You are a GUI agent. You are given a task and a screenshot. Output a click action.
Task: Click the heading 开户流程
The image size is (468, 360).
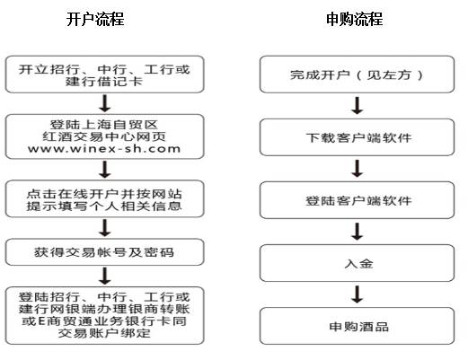(95, 20)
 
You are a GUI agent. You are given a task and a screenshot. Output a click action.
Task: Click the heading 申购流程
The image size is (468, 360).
(355, 20)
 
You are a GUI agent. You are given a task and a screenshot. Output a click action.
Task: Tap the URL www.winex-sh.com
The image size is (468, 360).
(104, 149)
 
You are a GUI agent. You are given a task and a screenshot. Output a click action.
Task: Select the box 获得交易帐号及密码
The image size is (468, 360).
(104, 252)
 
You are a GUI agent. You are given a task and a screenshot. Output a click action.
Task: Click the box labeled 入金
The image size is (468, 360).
(357, 263)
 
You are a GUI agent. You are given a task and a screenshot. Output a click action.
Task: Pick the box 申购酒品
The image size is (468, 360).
(357, 326)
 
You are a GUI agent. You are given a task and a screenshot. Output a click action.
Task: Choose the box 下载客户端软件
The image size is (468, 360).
(357, 137)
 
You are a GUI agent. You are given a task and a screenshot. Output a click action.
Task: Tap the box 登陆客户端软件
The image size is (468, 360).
(357, 200)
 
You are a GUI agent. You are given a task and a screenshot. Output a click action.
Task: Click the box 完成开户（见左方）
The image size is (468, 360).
(357, 75)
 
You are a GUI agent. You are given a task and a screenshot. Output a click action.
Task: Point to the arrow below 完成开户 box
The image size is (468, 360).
(358, 105)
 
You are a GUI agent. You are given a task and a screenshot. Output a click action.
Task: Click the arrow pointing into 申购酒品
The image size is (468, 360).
(358, 294)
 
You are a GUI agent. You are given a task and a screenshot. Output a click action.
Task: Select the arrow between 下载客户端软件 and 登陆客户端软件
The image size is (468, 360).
(358, 169)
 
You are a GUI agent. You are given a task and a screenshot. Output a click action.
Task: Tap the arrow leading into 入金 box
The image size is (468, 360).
(358, 232)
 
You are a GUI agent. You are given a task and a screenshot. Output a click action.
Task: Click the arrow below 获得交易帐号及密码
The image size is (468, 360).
(105, 276)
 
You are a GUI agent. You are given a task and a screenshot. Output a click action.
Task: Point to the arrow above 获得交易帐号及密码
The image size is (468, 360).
(105, 228)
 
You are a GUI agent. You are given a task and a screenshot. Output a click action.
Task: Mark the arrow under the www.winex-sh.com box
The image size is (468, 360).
(105, 170)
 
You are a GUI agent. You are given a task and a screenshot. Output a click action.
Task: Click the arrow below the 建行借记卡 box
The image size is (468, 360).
(105, 103)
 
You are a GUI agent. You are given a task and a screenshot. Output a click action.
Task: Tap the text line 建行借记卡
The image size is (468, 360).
(104, 82)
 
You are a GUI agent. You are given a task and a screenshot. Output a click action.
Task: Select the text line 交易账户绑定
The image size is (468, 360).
(104, 333)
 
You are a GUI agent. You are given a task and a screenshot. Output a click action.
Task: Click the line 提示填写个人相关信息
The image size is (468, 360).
(104, 206)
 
